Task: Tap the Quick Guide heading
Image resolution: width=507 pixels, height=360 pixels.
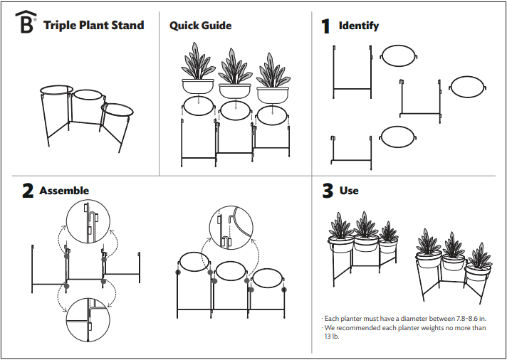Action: point(200,26)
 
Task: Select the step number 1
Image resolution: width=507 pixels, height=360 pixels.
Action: point(325,26)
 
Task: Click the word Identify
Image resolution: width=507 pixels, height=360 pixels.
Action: point(358,26)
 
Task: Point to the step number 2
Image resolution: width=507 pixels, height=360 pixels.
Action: point(28,191)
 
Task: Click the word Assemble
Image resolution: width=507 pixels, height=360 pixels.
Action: point(64,191)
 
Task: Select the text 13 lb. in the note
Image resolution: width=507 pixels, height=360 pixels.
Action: point(331,337)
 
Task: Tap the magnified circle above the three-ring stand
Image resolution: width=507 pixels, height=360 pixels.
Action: point(231,228)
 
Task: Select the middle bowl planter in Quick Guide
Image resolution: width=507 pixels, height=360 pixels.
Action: point(235,90)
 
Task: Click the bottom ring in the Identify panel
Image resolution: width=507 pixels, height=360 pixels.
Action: point(398,137)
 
